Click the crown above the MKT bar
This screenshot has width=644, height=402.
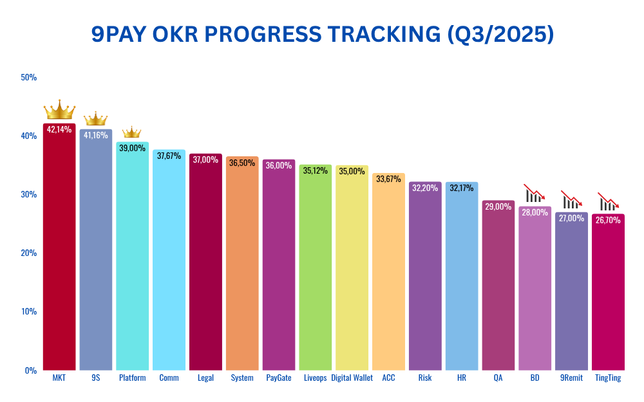pos(59,111)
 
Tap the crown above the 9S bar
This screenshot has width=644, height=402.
pos(95,119)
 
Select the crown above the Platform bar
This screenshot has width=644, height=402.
pos(131,132)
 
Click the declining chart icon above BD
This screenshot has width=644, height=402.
pos(535,193)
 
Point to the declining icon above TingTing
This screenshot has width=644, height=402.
pos(608,201)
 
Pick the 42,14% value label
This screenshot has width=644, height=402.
pos(59,129)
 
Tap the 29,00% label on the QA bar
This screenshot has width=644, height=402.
pos(498,207)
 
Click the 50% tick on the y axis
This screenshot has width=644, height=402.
pos(29,77)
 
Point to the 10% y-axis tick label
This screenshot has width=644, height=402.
pos(29,311)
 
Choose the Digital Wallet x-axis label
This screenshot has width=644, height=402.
pos(352,378)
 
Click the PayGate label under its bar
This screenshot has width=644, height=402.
pos(279,378)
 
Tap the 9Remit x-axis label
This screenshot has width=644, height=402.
pos(571,378)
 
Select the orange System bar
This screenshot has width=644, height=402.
pos(242,270)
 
